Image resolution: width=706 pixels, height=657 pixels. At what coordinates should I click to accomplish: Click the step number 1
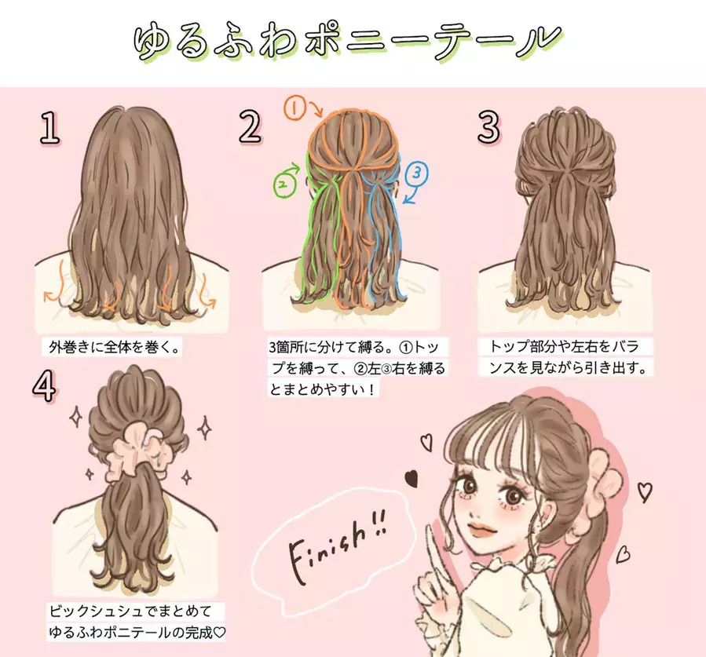pyautogui.click(x=50, y=129)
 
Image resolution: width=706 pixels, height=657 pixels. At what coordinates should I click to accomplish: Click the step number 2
pyautogui.click(x=250, y=127)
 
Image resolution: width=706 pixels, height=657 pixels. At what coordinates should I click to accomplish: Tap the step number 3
pyautogui.click(x=488, y=127)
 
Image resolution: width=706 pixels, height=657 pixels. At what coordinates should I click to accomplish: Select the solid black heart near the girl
pyautogui.click(x=410, y=476)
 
